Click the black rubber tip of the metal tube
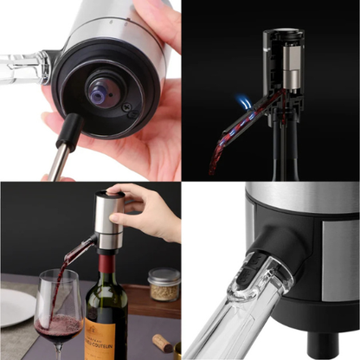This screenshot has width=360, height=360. (x=68, y=131)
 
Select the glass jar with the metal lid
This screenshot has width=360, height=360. (x=164, y=285)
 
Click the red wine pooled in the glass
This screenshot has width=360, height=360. (x=57, y=327)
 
